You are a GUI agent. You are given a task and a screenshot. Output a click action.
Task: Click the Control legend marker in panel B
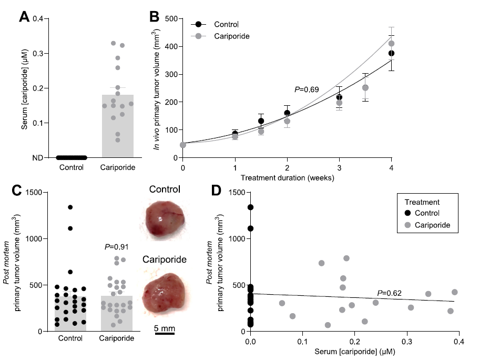[x=198, y=24]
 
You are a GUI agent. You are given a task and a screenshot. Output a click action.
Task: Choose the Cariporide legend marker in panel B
[x=198, y=36]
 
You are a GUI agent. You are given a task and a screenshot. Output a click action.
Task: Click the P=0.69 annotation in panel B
[x=307, y=89]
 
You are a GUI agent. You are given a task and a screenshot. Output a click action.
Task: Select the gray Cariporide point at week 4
[x=391, y=44]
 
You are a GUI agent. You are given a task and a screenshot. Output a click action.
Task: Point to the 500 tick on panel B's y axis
[x=169, y=19]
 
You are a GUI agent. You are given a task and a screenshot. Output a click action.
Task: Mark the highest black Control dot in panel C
[x=70, y=207]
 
